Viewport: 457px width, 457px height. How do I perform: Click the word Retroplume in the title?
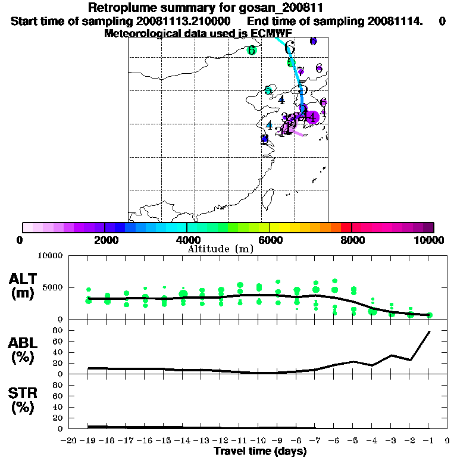pos(119,8)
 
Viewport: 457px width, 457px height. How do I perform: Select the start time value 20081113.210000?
pos(189,21)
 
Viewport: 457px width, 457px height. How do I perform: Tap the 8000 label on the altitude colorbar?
pos(352,240)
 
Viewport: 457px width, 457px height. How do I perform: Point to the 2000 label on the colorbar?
pos(105,240)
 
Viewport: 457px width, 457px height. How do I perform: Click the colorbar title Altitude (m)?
pos(228,248)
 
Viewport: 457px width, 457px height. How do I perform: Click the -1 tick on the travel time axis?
pos(428,441)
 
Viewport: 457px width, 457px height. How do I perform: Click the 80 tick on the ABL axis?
pos(58,330)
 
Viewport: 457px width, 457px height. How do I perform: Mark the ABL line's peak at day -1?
pos(429,331)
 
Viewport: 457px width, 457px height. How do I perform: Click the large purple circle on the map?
pos(312,117)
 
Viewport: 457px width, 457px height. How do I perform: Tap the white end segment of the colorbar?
pos(27,227)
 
